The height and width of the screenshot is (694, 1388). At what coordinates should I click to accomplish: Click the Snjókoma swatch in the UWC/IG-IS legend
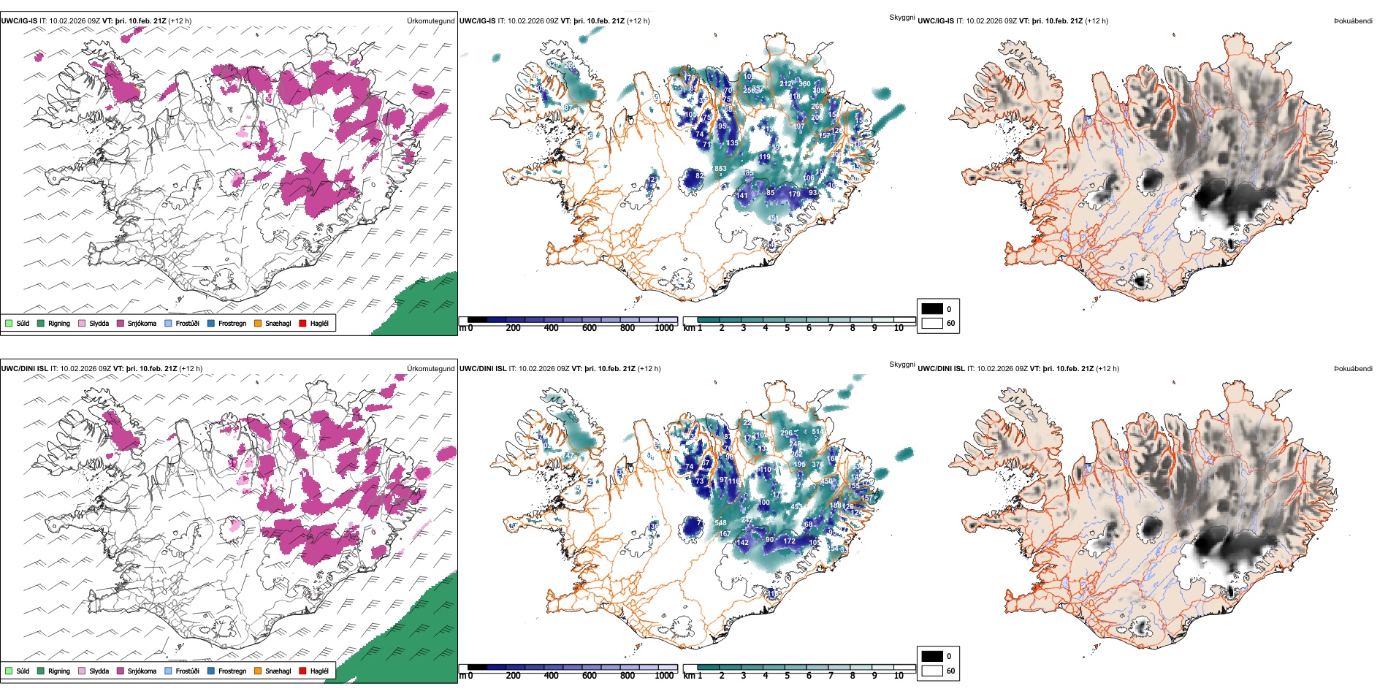121,323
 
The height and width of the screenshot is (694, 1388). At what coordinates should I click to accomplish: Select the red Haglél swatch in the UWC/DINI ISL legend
302,671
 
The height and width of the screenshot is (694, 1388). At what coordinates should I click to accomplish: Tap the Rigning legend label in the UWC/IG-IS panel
59,323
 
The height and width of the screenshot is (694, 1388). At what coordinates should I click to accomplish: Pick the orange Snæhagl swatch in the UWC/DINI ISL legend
258,671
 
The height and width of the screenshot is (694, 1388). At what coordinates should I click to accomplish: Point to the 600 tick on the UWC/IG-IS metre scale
589,328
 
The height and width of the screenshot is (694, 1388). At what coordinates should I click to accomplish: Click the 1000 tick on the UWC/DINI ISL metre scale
664,676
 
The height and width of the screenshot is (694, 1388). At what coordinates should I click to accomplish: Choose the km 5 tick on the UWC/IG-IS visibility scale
787,328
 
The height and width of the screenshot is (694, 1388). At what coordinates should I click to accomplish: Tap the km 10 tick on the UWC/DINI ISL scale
899,676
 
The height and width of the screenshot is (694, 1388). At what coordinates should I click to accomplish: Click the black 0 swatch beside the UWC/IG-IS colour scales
932,309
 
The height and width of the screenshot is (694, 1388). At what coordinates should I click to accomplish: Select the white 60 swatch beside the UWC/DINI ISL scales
932,671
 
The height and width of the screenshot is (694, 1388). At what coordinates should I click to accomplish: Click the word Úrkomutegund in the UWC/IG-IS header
430,21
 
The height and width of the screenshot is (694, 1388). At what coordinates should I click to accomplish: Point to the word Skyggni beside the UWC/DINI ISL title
901,365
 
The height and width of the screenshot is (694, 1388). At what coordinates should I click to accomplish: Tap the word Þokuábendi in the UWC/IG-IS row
1353,21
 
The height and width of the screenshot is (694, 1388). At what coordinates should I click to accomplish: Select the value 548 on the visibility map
720,523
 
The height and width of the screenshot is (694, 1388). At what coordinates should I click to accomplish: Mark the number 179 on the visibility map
794,194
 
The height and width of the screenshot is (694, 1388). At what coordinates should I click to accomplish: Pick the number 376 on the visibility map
817,465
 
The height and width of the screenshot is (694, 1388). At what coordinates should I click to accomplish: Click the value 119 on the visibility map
764,157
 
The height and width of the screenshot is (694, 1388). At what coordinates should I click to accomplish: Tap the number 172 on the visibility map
789,541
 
